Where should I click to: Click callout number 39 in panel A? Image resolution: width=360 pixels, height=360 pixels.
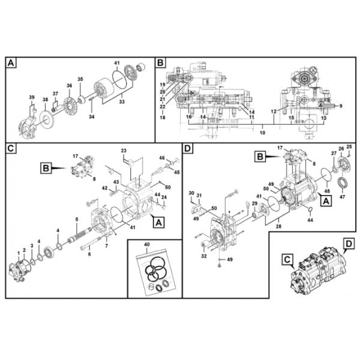tap(32, 97)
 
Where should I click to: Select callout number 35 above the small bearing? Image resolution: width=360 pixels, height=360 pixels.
tap(81, 79)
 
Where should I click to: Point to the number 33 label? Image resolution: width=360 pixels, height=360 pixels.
tap(122, 101)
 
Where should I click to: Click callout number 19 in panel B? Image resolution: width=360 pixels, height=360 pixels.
tap(163, 85)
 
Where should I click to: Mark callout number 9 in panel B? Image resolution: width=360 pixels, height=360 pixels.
tap(340, 106)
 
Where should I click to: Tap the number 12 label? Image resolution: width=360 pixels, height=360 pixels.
tap(273, 111)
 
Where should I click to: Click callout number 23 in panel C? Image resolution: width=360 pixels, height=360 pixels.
tap(124, 150)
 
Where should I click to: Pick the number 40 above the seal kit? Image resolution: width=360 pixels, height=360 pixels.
tap(148, 245)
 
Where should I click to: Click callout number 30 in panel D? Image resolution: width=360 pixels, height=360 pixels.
tap(191, 193)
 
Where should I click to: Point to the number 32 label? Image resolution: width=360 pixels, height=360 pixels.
tap(205, 256)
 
